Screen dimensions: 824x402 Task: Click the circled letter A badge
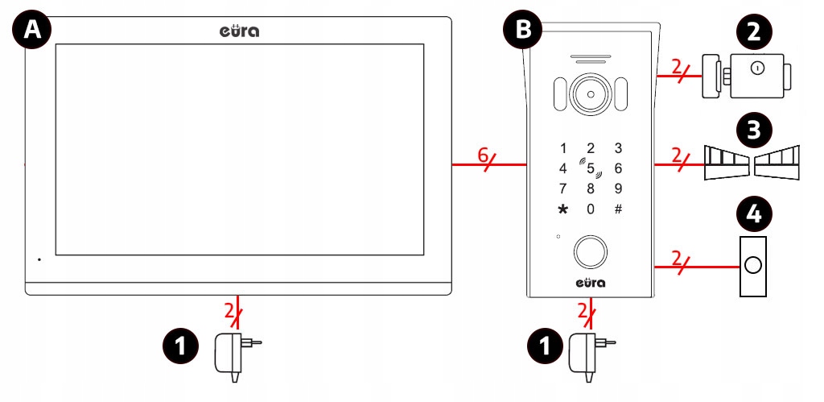pos(32,31)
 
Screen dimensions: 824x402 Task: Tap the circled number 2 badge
pos(753,32)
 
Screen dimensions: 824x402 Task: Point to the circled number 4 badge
pos(753,214)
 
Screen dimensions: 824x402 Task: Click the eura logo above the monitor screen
pos(239,31)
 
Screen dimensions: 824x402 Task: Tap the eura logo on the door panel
pos(590,283)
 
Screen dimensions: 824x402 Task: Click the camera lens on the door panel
pos(590,95)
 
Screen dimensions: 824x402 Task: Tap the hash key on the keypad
pos(618,209)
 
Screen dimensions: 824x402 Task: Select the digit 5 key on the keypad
pos(590,169)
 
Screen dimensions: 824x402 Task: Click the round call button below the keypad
pos(590,251)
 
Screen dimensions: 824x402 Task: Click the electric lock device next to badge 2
pos(745,77)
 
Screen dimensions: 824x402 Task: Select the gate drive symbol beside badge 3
pos(753,161)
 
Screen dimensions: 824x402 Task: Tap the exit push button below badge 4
pos(753,265)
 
